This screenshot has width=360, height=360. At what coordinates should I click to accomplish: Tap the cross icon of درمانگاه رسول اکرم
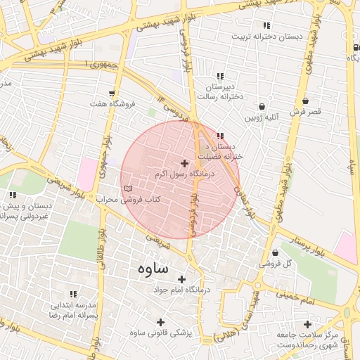[185, 163]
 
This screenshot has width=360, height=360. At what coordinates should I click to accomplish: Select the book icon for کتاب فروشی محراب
[127, 188]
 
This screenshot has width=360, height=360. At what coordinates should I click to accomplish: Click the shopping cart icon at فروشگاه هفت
[112, 94]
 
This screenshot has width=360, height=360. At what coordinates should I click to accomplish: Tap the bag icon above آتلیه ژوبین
[262, 106]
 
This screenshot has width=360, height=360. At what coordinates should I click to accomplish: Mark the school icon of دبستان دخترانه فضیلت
[221, 136]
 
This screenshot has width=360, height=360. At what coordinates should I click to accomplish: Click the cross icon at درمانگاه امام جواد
[182, 279]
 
